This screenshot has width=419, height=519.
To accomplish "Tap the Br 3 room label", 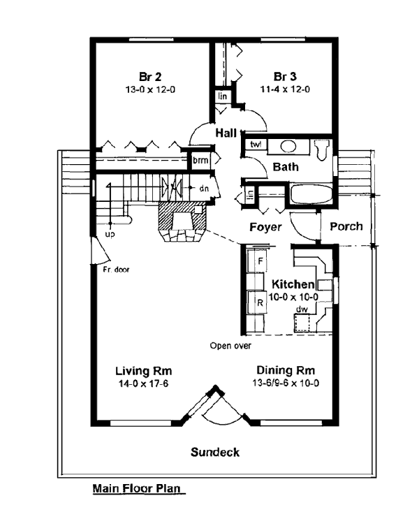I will coord(282,76).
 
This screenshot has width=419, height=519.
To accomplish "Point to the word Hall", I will coord(225,133).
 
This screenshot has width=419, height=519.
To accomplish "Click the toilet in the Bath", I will coord(322,149).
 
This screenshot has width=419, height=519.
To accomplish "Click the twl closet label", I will coord(255,145).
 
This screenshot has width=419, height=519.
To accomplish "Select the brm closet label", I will coord(200,160).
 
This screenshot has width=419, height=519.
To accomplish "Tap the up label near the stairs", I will coord(110,234).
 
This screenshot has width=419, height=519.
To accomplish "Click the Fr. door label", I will coord(115,268).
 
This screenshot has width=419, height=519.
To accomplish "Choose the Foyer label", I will coord(265,227).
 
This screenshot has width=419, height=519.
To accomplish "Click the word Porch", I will coord(346,226).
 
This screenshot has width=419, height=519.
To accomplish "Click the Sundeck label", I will coord(215,452).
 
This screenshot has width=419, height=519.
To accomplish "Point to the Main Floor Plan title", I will coord(137,489).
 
